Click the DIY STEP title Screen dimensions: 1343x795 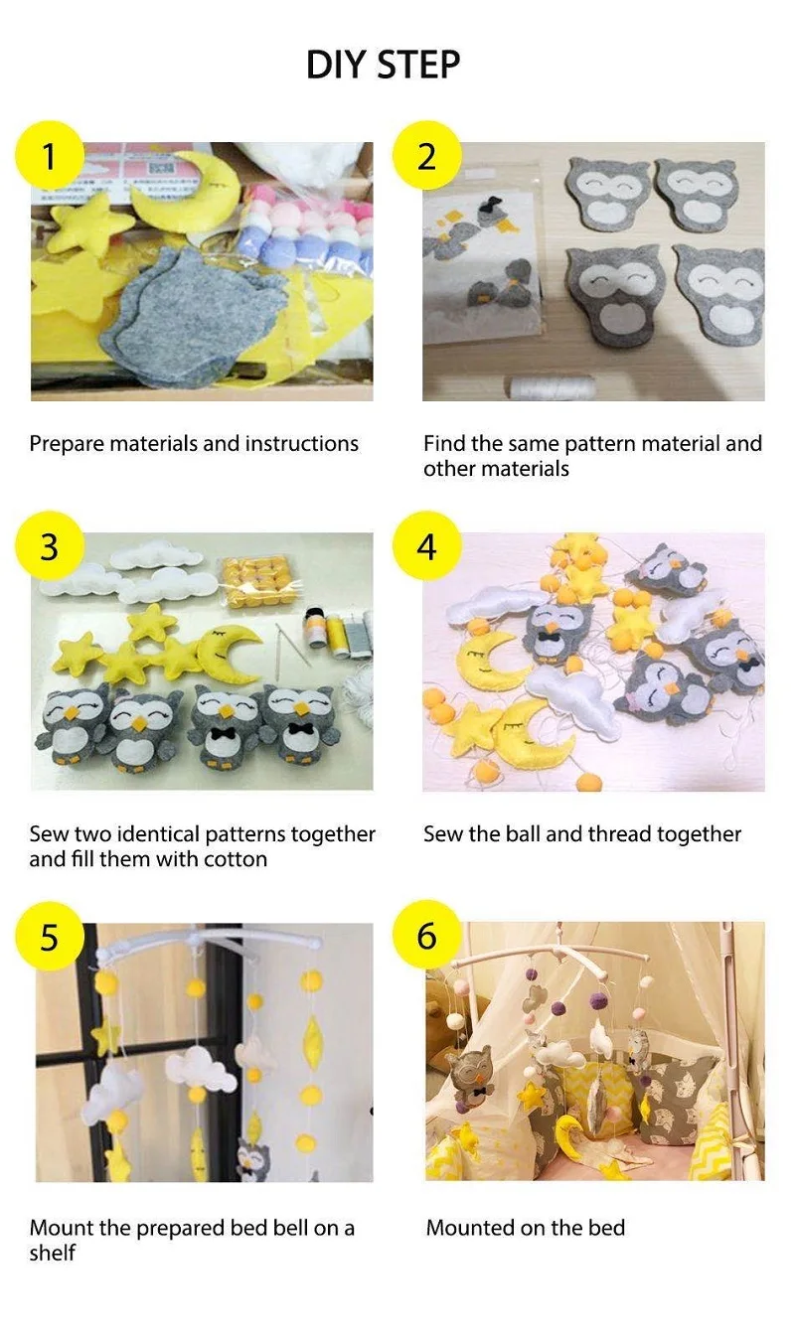(x=383, y=65)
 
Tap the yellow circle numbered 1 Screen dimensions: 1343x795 (x=49, y=155)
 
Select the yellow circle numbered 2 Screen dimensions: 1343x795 (x=426, y=155)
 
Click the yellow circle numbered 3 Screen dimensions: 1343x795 (x=49, y=545)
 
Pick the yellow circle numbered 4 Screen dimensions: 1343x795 (x=426, y=545)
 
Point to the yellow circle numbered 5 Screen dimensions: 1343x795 (x=49, y=936)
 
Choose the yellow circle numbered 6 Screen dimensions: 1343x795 (x=426, y=936)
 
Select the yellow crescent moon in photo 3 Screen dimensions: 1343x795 (x=231, y=652)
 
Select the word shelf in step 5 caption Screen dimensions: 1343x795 (x=52, y=1253)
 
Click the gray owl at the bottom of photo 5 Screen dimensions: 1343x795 (x=252, y=1160)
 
